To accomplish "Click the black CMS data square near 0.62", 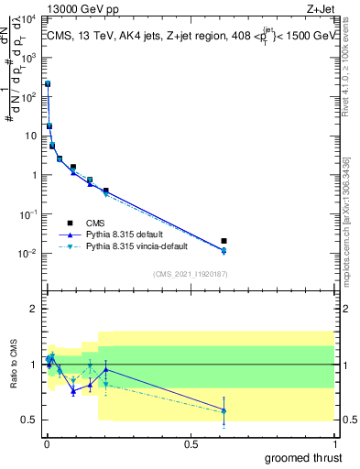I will pyautogui.click(x=224, y=241).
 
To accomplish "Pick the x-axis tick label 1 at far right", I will pyautogui.click(x=333, y=442).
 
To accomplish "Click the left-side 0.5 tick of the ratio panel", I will pyautogui.click(x=31, y=420).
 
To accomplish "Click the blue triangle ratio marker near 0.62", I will pyautogui.click(x=224, y=409).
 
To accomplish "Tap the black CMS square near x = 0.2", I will pyautogui.click(x=106, y=191).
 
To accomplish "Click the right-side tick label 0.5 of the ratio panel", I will pyautogui.click(x=347, y=420).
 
